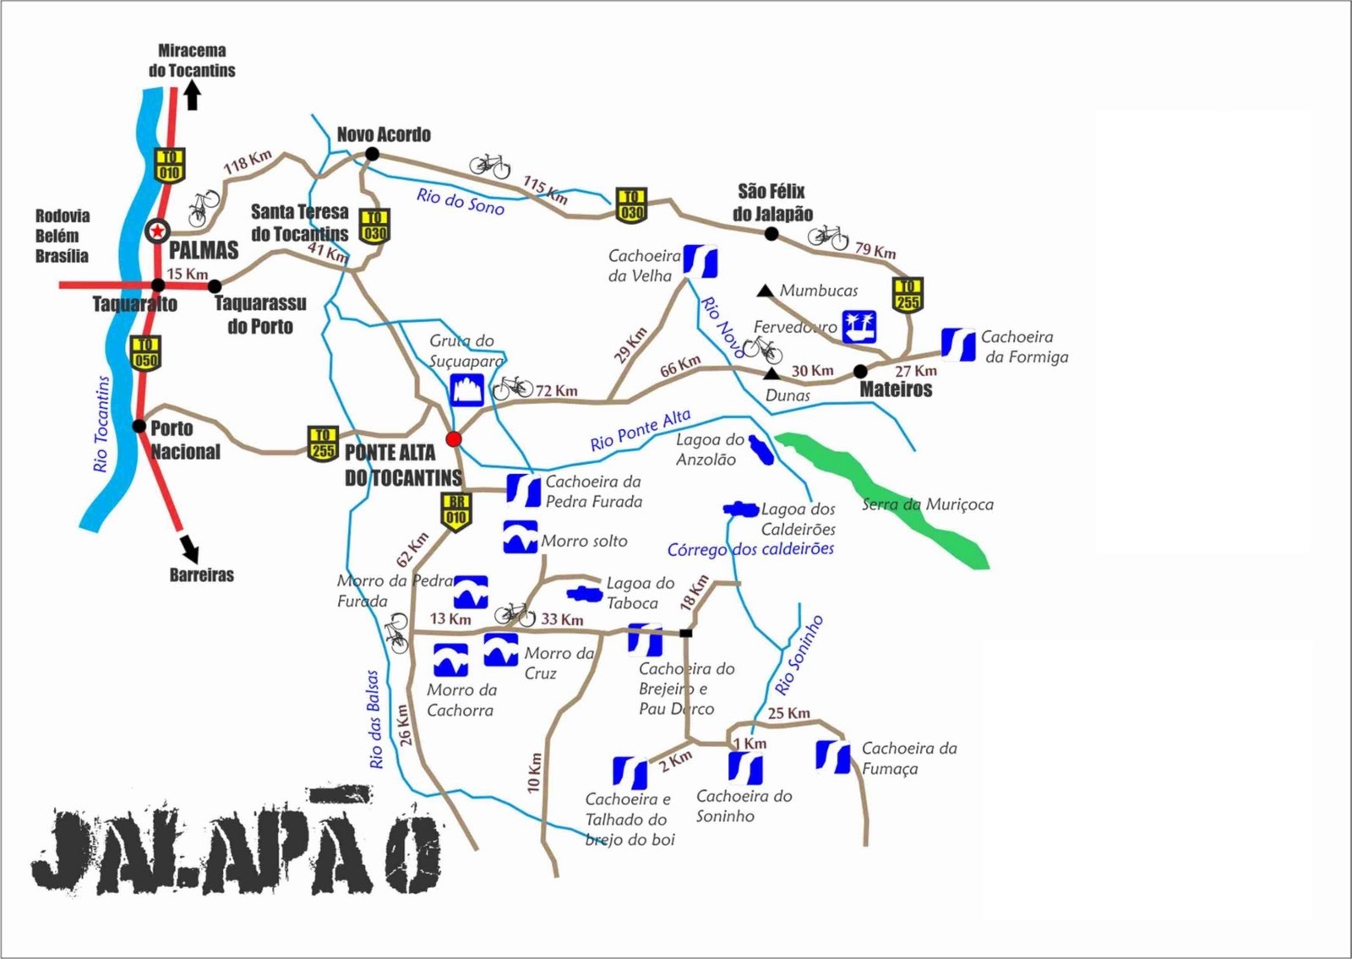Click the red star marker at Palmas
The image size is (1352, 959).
point(157,231)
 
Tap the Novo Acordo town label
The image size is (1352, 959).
point(384,135)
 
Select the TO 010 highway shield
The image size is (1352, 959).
point(170,166)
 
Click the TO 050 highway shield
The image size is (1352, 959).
point(145,352)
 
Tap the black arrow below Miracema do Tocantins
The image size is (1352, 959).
point(193,97)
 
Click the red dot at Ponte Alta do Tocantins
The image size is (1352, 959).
point(454,439)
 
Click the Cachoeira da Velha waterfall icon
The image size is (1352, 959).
point(701,261)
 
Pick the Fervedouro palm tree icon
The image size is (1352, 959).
point(859,327)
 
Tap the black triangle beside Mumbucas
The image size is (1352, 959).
point(765,291)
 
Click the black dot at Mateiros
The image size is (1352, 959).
point(860,371)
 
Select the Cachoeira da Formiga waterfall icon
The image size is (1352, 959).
point(958,345)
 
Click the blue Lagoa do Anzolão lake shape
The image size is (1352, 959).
point(761,450)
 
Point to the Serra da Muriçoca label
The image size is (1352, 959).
point(928,504)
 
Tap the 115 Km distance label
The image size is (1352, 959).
point(545,190)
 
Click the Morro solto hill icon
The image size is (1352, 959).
point(520,537)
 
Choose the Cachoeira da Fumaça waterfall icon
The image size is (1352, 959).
point(834,757)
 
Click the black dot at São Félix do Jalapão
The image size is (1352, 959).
point(771,233)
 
